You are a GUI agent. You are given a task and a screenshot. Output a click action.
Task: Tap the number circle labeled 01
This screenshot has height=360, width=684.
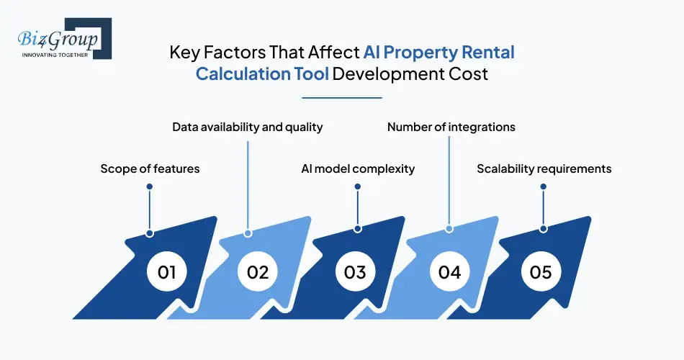click(x=167, y=272)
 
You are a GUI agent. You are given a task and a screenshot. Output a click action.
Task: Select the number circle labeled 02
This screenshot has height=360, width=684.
click(x=258, y=272)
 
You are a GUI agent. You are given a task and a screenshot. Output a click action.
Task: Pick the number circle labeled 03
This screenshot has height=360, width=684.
click(x=355, y=272)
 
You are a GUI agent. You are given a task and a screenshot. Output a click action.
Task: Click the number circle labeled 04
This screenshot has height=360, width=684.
click(x=449, y=272)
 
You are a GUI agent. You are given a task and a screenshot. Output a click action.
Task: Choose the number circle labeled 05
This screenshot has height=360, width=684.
click(x=541, y=272)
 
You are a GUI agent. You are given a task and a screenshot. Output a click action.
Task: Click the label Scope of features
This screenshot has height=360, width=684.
click(x=150, y=168)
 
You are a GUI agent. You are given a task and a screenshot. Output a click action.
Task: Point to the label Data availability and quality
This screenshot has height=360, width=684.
click(x=247, y=127)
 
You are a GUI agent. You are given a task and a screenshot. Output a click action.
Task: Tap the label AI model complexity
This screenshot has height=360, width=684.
click(x=358, y=168)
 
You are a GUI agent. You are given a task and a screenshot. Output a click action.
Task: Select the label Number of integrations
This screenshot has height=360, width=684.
click(x=451, y=127)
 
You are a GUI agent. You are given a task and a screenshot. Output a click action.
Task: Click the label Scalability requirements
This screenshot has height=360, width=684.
click(x=544, y=168)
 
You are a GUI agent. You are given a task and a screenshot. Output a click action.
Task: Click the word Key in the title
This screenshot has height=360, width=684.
click(x=184, y=53)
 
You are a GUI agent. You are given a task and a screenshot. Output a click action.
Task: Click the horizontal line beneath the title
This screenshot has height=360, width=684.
click(x=341, y=97)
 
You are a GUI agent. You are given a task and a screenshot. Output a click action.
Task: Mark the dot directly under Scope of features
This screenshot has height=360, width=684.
click(x=150, y=186)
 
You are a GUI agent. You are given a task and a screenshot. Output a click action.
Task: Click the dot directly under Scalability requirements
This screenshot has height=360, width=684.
click(x=544, y=186)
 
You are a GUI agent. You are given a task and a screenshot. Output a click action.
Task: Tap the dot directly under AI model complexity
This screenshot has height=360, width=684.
click(x=358, y=186)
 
